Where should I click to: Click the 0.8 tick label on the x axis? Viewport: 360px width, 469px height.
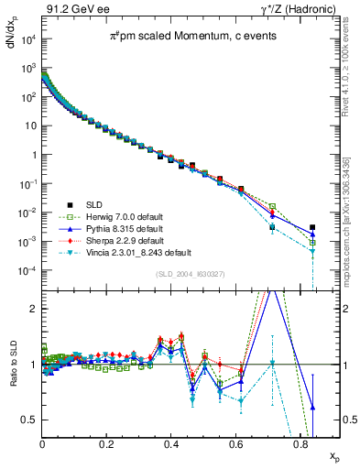tap(300, 442)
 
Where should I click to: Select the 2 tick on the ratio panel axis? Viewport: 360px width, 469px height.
tap(35, 309)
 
